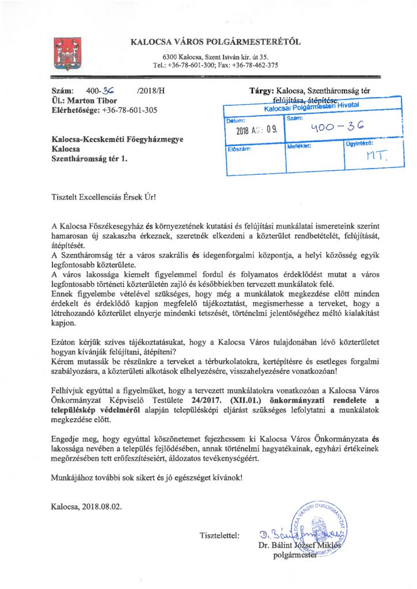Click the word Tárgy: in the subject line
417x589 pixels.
click(x=261, y=91)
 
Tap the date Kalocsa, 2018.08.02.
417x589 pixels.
click(x=86, y=507)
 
